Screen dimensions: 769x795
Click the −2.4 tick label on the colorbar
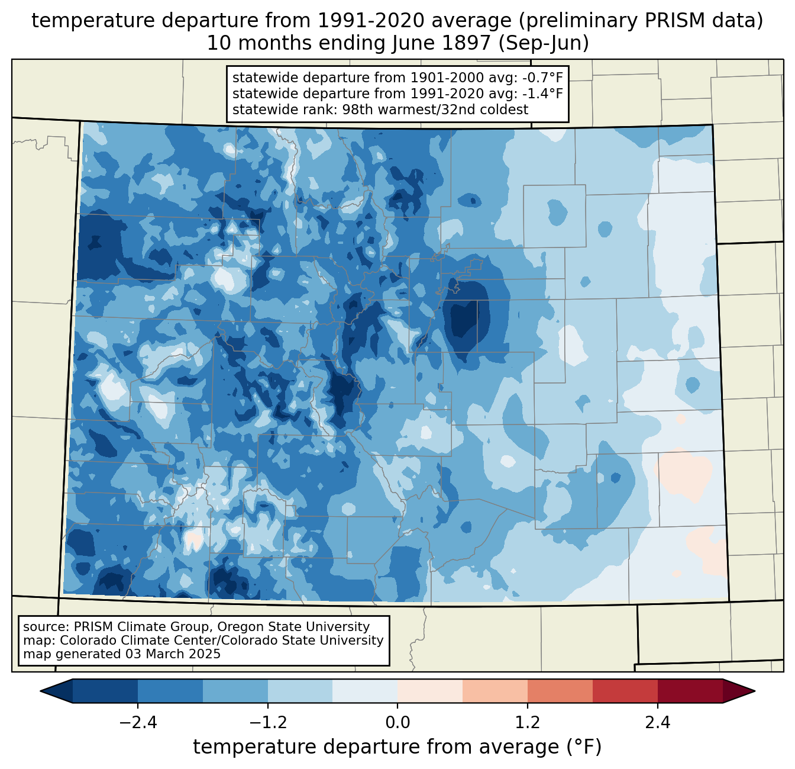138,723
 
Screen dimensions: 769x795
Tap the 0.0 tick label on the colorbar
397,723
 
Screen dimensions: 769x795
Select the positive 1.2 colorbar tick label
528,723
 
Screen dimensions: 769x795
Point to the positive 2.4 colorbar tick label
658,723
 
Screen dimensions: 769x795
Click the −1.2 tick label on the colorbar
268,723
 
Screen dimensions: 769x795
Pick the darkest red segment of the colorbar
690,691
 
